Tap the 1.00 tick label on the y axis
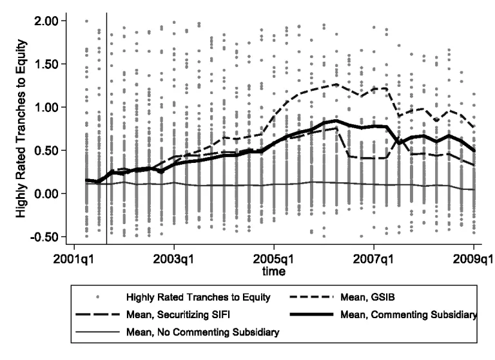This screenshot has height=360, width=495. pos(46,107)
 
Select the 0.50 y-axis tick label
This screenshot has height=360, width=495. pos(46,150)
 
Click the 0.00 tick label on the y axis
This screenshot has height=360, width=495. pos(46,193)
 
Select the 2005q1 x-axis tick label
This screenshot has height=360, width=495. pos(274,261)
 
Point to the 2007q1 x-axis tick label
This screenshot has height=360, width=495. pos(374,261)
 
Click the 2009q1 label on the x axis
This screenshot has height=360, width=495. pos(473,261)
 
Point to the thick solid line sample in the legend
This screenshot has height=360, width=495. pos(314,315)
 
